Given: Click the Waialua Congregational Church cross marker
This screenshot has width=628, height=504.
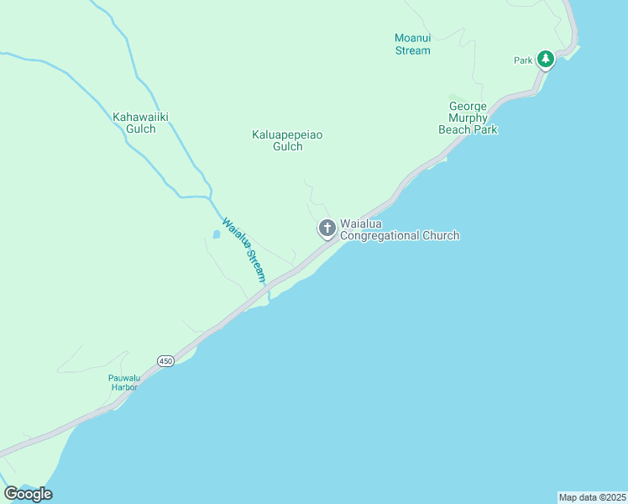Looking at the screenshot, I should tap(327, 228).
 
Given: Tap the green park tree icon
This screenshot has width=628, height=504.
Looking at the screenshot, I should tap(546, 59).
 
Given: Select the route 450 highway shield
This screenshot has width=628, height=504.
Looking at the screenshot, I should tap(165, 360).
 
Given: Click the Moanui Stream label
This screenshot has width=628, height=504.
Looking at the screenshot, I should tap(412, 45).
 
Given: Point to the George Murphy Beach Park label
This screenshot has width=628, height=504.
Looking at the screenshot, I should tap(468, 118).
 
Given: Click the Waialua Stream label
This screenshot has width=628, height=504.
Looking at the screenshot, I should tap(244, 250).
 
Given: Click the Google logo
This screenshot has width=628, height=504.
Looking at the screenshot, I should tap(28, 494).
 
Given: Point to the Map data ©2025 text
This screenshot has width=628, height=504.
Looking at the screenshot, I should tap(592, 497).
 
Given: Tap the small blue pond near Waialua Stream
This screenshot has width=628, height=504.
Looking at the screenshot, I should tap(215, 235).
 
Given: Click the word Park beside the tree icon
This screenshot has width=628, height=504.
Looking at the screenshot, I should tap(524, 60).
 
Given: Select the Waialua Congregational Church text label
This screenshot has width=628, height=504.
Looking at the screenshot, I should tap(399, 230).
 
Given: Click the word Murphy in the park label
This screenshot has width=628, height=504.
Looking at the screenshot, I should tap(468, 118).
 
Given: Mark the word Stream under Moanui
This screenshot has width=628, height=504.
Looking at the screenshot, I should tap(412, 50).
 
